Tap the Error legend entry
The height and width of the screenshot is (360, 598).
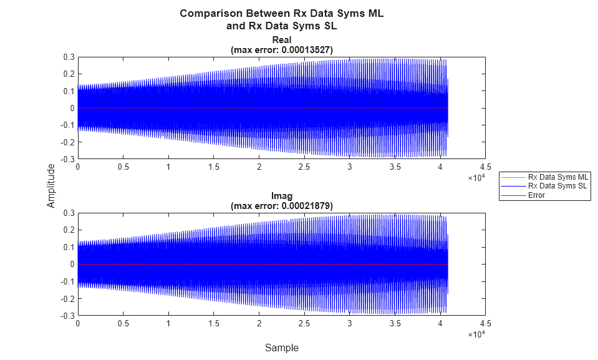(x=536, y=195)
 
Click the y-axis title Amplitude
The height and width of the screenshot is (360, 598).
(x=51, y=185)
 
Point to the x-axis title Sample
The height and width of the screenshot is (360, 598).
(x=281, y=348)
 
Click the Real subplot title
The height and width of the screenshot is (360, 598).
(x=281, y=41)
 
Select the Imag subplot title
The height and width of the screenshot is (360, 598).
(x=281, y=197)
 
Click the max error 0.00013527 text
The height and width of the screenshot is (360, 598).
(x=281, y=50)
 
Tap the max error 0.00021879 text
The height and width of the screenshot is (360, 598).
(x=281, y=206)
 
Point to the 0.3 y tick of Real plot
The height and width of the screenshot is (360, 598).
(x=69, y=57)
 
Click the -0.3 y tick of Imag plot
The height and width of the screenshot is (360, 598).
(x=67, y=316)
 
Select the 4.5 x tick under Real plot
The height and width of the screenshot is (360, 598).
(x=486, y=167)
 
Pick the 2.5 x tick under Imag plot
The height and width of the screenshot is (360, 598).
(x=304, y=323)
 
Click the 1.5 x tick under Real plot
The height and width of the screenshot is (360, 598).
(x=213, y=167)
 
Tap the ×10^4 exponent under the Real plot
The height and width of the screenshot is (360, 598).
(x=476, y=178)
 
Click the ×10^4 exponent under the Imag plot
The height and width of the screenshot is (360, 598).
(x=476, y=334)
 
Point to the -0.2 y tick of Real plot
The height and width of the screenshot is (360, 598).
(x=67, y=142)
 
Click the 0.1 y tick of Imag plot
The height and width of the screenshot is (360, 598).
(x=69, y=247)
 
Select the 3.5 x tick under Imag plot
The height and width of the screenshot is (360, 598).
(x=395, y=323)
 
